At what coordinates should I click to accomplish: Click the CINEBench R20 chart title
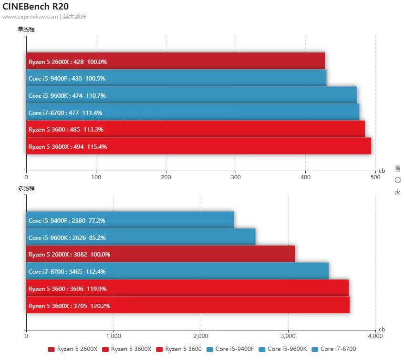click(x=35, y=6)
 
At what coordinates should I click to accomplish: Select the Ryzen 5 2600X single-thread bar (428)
click(x=176, y=62)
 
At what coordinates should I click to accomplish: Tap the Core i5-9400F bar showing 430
click(x=176, y=78)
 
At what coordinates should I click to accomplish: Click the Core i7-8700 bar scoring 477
click(x=193, y=113)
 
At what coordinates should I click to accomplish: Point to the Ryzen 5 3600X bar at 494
click(x=198, y=146)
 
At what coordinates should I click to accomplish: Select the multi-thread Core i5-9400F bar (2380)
click(x=130, y=220)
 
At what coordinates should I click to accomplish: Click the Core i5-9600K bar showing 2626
click(x=141, y=237)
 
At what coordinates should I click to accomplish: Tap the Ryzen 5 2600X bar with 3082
click(x=161, y=254)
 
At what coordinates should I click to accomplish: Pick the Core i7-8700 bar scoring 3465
click(x=177, y=271)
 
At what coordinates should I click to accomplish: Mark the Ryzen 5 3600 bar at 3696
click(x=187, y=288)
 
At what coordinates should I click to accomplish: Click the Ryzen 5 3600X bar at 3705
click(x=188, y=306)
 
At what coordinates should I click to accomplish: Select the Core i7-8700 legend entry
click(x=334, y=349)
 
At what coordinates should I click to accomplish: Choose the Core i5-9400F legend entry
click(x=230, y=349)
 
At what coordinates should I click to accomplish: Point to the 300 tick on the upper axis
click(x=236, y=177)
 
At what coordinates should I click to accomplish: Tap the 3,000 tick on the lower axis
click(x=288, y=336)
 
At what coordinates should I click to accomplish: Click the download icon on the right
click(x=398, y=192)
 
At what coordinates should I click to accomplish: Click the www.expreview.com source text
click(x=30, y=17)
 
